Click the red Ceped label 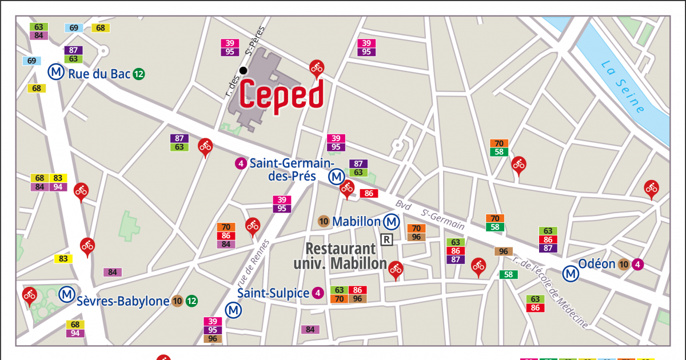(x=282, y=94)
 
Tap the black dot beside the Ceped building (x=244, y=70)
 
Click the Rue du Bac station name (x=99, y=74)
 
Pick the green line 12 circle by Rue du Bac (x=139, y=74)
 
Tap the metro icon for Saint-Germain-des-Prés (x=336, y=177)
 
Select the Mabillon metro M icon (x=392, y=221)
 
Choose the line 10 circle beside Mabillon (x=324, y=221)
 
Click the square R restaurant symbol (x=387, y=239)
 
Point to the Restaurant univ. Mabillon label (x=341, y=256)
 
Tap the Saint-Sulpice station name (x=273, y=293)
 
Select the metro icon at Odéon (x=571, y=274)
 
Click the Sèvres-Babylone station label (x=123, y=301)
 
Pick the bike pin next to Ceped (x=317, y=68)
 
